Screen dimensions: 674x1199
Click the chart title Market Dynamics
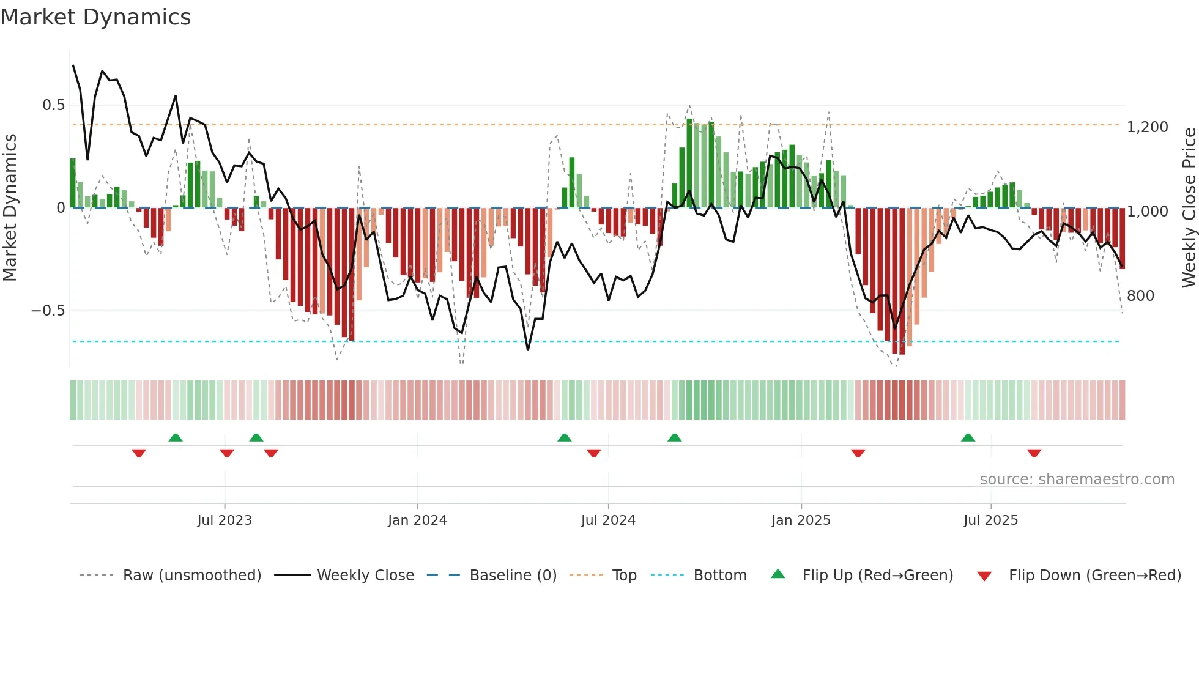click(95, 17)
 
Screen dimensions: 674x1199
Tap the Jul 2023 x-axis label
click(225, 520)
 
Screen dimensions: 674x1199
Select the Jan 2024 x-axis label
click(417, 520)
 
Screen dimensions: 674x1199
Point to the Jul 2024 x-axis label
click(608, 520)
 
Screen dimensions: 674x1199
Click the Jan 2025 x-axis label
click(801, 520)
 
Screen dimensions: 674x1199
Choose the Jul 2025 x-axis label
click(990, 520)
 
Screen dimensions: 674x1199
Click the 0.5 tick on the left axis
click(53, 105)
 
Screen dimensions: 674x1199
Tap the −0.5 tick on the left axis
click(48, 311)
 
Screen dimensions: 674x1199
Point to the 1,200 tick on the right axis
click(1148, 127)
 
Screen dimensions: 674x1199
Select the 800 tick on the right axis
click(1140, 296)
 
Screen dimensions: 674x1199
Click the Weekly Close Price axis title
click(1189, 208)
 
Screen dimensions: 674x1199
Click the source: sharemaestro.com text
click(1077, 480)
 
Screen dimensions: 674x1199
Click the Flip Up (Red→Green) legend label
click(877, 576)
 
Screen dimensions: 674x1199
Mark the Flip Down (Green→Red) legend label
click(1094, 576)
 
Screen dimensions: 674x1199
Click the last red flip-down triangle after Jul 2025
click(1034, 453)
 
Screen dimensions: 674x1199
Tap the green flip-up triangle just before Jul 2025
click(968, 438)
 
